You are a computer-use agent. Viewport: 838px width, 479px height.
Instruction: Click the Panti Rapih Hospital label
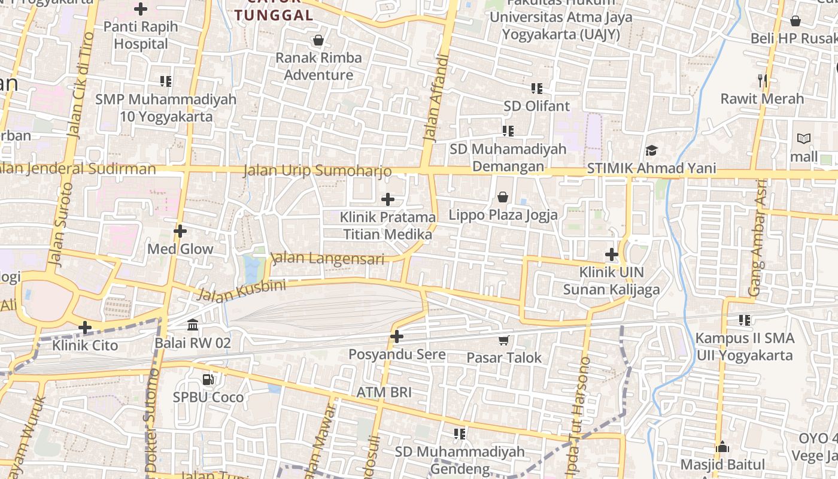[x=141, y=35]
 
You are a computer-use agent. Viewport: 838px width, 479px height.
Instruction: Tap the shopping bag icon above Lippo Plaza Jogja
[x=503, y=197]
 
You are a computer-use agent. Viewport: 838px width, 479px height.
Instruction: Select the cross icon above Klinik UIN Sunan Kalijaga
[x=611, y=254]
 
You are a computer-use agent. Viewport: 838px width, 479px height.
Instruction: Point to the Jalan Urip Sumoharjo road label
[x=317, y=171]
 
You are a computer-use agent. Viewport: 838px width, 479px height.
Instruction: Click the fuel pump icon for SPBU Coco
[x=208, y=379]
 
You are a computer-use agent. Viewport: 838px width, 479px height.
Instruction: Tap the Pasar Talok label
[x=504, y=358]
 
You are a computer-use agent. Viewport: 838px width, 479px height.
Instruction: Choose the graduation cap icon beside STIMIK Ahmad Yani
[x=651, y=151]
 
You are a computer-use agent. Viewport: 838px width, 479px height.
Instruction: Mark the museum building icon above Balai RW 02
[x=193, y=325]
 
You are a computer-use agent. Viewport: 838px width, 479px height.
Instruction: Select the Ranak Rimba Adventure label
[x=318, y=66]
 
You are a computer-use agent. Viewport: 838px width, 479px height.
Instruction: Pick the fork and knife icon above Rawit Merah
[x=762, y=80]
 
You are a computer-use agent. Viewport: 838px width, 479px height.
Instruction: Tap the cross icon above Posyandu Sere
[x=396, y=336]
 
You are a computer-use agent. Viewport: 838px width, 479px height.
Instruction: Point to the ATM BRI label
[x=384, y=393]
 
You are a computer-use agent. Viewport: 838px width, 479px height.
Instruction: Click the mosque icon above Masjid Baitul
[x=722, y=447]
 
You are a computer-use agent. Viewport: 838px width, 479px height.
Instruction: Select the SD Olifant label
[x=536, y=107]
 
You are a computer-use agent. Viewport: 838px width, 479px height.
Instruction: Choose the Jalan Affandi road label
[x=436, y=99]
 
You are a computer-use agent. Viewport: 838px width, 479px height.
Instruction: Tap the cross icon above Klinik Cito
[x=85, y=328]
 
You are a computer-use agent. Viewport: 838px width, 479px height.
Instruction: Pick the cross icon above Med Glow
[x=180, y=231]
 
